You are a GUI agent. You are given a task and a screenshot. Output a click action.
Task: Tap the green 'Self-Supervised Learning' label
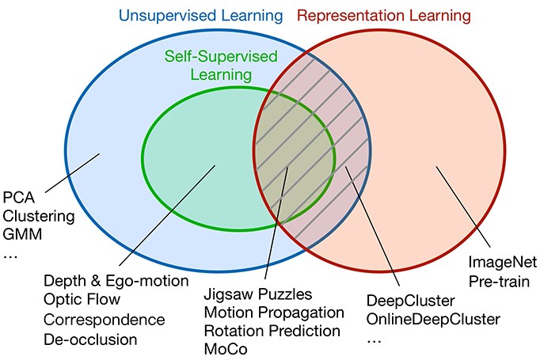pos(209,66)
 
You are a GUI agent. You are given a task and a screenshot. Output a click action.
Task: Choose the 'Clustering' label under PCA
pos(39,216)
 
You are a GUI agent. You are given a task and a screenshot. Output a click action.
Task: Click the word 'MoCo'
pos(225,349)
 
